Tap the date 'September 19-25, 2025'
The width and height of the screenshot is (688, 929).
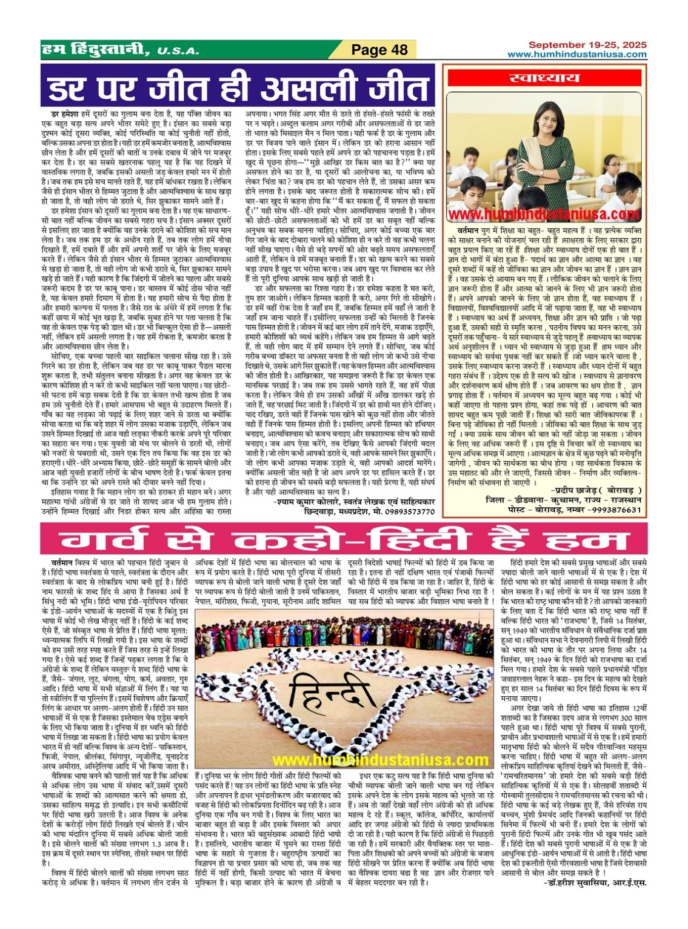pyautogui.click(x=587, y=45)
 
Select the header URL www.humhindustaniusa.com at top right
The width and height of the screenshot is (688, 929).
pyautogui.click(x=576, y=55)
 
